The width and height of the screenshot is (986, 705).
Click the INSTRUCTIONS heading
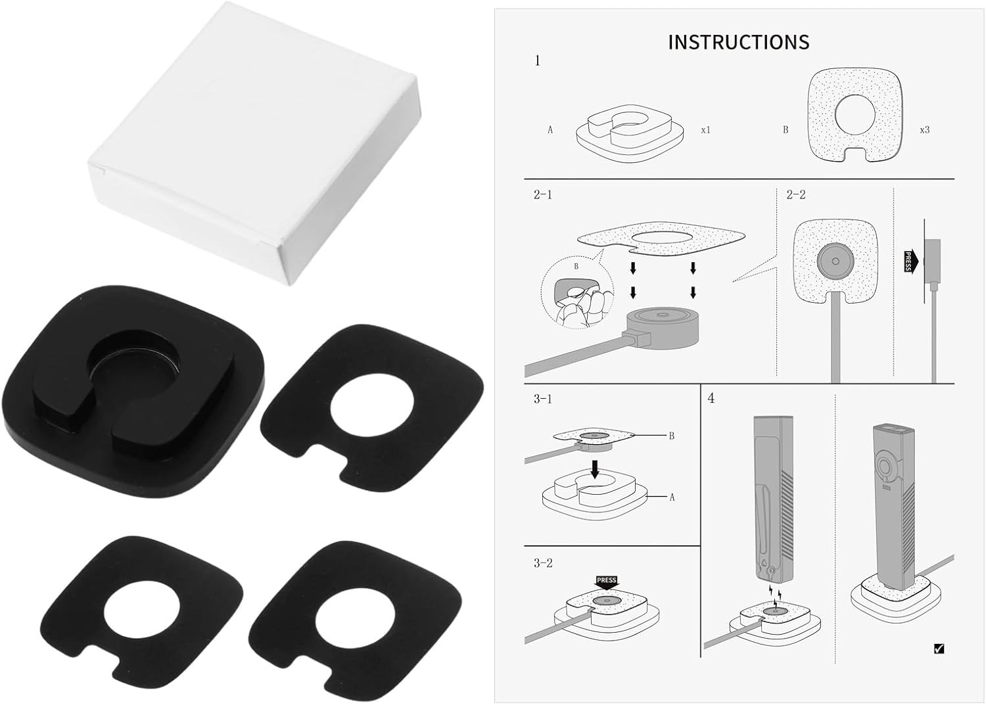(739, 42)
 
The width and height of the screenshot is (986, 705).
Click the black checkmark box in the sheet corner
(939, 648)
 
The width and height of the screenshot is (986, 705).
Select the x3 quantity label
(925, 130)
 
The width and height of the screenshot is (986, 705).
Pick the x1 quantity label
(705, 130)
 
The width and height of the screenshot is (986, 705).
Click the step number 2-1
(543, 194)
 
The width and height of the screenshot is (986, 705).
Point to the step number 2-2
(796, 194)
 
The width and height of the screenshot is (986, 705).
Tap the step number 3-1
(543, 399)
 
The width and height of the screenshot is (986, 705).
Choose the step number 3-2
(543, 563)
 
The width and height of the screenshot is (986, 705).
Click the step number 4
(711, 398)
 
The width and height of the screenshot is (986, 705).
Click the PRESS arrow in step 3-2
(607, 583)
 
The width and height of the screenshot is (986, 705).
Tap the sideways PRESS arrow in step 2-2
(910, 262)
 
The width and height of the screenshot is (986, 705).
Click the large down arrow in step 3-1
(595, 470)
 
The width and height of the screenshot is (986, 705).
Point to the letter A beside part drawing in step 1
(550, 130)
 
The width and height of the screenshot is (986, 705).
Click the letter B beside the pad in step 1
(786, 130)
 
